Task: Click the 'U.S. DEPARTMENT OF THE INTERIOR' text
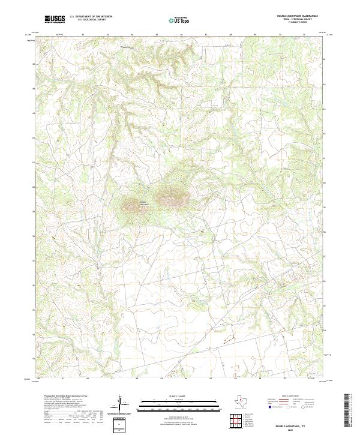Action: pyautogui.click(x=90, y=17)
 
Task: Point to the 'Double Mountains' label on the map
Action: pyautogui.click(x=143, y=202)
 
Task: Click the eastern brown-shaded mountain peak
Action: pyautogui.click(x=170, y=195)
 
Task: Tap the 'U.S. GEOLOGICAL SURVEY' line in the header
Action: pyautogui.click(x=85, y=20)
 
